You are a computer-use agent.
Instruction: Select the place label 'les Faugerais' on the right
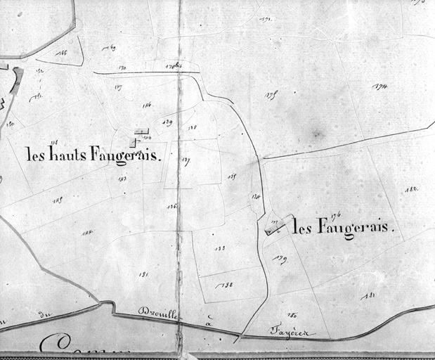(x=343, y=228)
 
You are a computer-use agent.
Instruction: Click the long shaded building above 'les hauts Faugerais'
(x=142, y=131)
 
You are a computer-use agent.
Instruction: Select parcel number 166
(x=62, y=53)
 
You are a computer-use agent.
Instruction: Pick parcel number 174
(x=381, y=87)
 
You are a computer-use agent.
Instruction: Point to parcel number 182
(x=411, y=190)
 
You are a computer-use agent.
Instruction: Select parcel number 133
(x=219, y=248)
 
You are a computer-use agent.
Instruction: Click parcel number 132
(x=226, y=285)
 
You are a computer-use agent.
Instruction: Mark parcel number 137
(x=186, y=161)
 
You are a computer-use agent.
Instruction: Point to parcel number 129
(x=167, y=122)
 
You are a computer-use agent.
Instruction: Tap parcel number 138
(x=192, y=128)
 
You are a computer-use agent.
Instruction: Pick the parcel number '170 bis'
(x=173, y=67)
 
